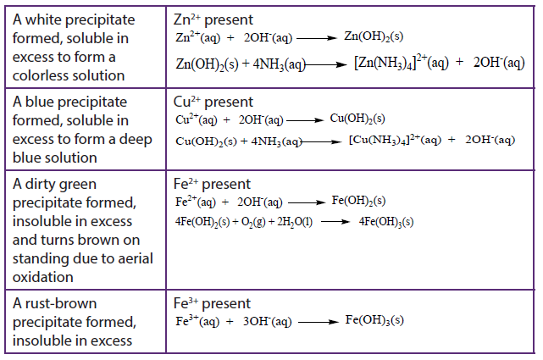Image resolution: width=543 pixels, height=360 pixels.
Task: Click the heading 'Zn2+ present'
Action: (x=213, y=19)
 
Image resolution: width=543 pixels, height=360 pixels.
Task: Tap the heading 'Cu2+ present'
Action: (x=213, y=102)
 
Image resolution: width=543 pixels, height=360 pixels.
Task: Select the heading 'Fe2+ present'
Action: (x=212, y=184)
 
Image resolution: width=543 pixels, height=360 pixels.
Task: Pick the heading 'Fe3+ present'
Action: (x=212, y=303)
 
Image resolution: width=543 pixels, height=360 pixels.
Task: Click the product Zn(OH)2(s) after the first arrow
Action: (x=374, y=36)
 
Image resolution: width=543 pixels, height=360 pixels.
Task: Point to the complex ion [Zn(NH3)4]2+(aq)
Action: (x=401, y=63)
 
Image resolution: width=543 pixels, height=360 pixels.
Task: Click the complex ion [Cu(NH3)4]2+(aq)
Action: (x=395, y=140)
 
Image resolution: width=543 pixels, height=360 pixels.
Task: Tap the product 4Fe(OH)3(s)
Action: (x=386, y=222)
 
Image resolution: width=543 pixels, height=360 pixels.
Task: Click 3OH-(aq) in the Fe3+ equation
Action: (x=267, y=322)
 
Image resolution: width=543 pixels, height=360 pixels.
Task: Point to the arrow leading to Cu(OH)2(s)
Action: (x=305, y=120)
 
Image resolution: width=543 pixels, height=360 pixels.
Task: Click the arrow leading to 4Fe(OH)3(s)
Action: (x=335, y=222)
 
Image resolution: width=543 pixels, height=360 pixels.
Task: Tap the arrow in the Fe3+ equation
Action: (x=319, y=322)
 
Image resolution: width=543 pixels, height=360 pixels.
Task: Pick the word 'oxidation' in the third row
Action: (x=43, y=277)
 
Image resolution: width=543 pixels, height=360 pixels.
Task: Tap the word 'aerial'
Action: (x=136, y=258)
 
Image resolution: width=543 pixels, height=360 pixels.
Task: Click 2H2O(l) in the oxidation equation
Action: (x=295, y=222)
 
